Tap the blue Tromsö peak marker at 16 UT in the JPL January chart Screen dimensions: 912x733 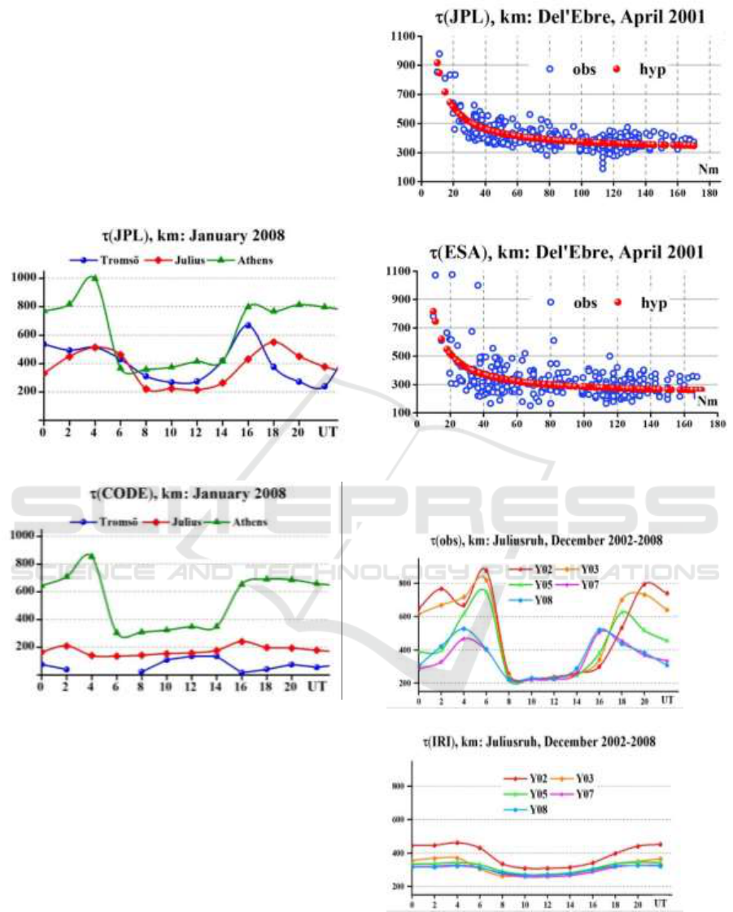tap(247, 325)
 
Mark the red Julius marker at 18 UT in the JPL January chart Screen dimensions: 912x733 tap(273, 342)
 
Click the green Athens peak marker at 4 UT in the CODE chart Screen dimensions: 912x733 tap(92, 556)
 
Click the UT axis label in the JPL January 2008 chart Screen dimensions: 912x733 tap(328, 430)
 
